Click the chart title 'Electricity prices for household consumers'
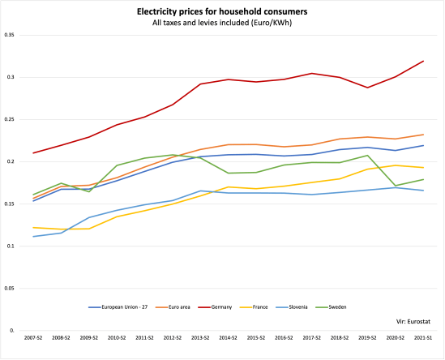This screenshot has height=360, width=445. tap(221, 11)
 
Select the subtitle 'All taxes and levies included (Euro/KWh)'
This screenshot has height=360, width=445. tap(221, 22)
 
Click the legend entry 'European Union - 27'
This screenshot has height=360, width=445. tap(118, 306)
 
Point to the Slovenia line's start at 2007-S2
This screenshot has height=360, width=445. tap(32, 237)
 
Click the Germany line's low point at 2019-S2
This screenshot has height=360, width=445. tap(368, 88)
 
